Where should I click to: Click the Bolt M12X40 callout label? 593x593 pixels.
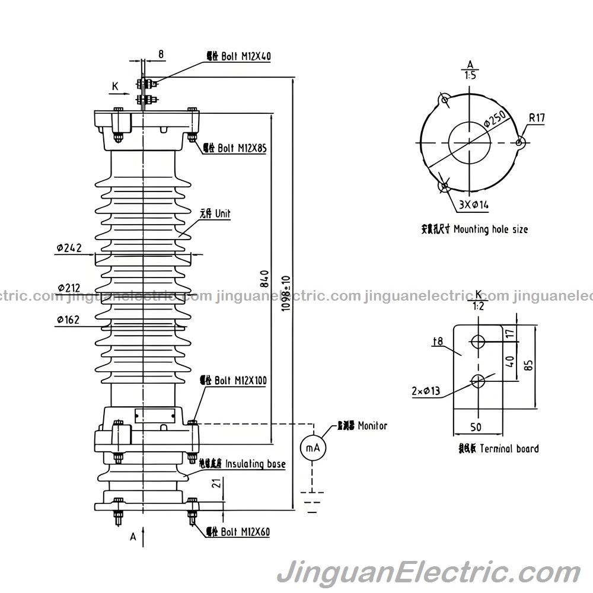click(238, 57)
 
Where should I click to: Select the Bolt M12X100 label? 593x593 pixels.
click(232, 380)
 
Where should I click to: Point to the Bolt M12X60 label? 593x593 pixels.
click(238, 532)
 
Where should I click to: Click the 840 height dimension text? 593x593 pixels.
click(264, 279)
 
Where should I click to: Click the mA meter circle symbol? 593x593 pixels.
click(313, 448)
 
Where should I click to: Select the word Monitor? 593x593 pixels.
click(372, 426)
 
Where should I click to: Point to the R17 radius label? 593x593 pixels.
click(537, 118)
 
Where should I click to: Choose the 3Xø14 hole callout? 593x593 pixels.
click(473, 205)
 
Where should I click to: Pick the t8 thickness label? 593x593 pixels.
click(438, 341)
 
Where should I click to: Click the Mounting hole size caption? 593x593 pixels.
click(474, 229)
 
